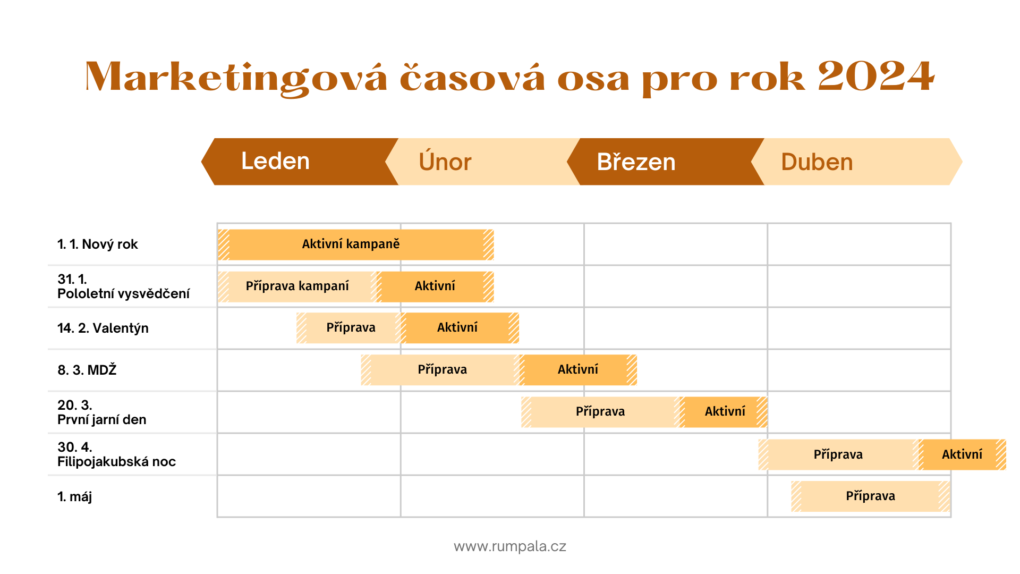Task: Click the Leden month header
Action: point(300,162)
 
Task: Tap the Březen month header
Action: point(666,162)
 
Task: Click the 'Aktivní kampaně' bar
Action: point(356,244)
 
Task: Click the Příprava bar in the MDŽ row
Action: point(440,370)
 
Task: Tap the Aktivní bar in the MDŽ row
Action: point(577,370)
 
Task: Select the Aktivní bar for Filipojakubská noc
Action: point(962,454)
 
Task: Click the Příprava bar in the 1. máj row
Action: point(871,496)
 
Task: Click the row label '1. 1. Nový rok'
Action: point(98,244)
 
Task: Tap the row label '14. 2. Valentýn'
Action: point(103,328)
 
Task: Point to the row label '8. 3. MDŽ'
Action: point(87,370)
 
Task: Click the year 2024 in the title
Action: point(875,77)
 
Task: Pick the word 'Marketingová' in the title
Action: point(236,79)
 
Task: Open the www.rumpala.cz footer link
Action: point(510,546)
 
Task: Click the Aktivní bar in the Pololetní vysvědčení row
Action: point(435,286)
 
